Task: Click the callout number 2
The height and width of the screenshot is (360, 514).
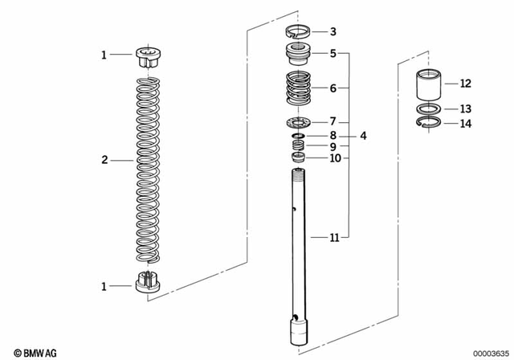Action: pyautogui.click(x=104, y=160)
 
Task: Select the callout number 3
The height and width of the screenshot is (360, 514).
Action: pyautogui.click(x=333, y=33)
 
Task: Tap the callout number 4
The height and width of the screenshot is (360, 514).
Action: pyautogui.click(x=363, y=136)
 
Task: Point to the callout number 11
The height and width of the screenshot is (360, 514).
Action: pyautogui.click(x=334, y=238)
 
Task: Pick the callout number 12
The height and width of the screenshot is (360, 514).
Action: pyautogui.click(x=467, y=83)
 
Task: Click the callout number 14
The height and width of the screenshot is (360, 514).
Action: pyautogui.click(x=467, y=123)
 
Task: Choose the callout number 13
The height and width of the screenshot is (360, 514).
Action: pyautogui.click(x=467, y=108)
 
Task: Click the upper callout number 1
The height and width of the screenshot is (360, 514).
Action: pyautogui.click(x=104, y=55)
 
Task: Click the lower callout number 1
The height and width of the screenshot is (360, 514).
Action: pyautogui.click(x=104, y=286)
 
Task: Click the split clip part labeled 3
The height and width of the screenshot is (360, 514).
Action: pyautogui.click(x=298, y=33)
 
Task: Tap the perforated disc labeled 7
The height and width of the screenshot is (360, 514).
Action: pyautogui.click(x=298, y=122)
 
